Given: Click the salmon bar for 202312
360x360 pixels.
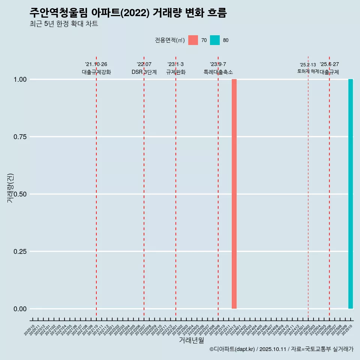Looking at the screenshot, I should (x=234, y=194).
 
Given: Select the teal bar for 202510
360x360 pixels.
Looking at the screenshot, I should (x=351, y=194).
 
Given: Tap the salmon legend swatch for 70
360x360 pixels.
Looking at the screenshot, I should (x=193, y=40).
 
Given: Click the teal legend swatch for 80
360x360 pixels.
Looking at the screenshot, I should (x=215, y=40).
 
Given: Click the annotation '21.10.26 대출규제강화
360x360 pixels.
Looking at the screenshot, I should (x=96, y=68).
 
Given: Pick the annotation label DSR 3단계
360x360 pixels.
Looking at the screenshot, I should (x=144, y=72).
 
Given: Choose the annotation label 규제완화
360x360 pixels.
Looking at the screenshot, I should (x=175, y=72).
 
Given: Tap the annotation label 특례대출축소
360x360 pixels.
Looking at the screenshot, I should (x=218, y=72).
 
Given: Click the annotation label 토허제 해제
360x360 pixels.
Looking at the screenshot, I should (x=308, y=71).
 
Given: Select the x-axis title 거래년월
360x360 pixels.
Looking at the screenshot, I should (x=191, y=340).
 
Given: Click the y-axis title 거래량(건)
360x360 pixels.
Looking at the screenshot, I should (x=10, y=188).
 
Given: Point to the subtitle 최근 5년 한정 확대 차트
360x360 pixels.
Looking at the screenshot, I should (x=64, y=24).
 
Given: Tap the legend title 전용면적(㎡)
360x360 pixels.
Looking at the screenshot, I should (x=169, y=40).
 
